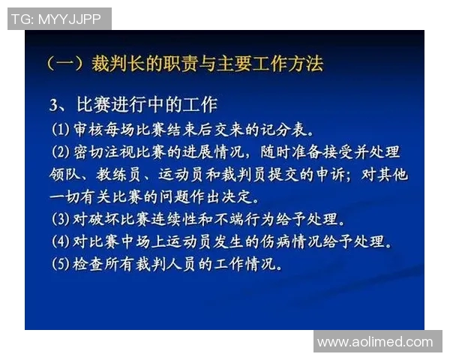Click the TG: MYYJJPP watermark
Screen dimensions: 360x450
tap(58, 19)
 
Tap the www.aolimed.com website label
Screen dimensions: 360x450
tap(375, 342)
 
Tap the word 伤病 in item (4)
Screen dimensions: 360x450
tap(282, 243)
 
